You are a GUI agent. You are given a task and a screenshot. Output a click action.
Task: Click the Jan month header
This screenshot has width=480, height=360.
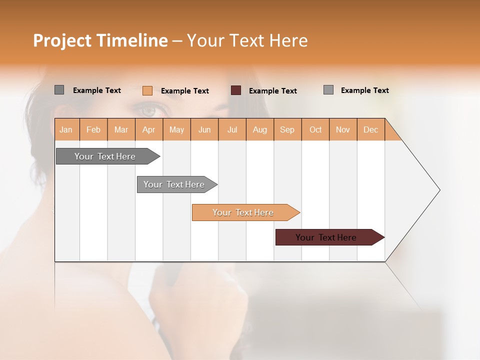click(x=66, y=130)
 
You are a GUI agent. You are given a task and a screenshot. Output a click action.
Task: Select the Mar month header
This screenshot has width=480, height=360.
click(x=121, y=130)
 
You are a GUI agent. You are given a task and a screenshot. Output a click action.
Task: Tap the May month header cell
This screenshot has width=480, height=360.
click(x=176, y=130)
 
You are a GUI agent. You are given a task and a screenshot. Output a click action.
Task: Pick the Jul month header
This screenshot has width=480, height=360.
click(x=232, y=130)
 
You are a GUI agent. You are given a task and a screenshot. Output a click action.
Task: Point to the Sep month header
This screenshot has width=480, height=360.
click(x=287, y=130)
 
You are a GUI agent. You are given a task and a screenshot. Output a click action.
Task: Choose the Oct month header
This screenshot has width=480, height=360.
click(x=315, y=130)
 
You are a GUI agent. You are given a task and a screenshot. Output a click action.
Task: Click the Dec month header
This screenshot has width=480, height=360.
click(x=370, y=130)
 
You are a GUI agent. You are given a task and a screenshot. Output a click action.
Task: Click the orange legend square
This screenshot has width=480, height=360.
click(x=147, y=90)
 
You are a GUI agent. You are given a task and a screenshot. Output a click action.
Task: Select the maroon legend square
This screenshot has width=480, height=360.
click(x=236, y=90)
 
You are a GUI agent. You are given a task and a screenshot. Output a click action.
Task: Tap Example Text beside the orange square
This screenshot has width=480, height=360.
click(x=184, y=91)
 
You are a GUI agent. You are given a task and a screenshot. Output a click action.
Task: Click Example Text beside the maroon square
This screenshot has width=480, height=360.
click(x=272, y=91)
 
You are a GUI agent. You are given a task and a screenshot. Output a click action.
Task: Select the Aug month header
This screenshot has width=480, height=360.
click(x=259, y=130)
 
